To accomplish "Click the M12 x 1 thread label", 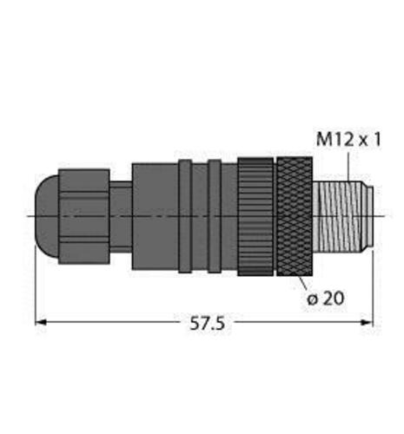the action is coord(348,140).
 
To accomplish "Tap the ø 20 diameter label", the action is coord(326,298).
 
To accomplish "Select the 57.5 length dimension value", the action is coord(208,323).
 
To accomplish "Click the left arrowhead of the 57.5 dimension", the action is coord(41,322).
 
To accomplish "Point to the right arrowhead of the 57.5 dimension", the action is coord(367,322).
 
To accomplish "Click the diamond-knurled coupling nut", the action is coord(295,216).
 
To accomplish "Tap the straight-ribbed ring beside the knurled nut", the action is coord(255,216).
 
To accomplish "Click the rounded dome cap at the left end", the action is coord(47,216).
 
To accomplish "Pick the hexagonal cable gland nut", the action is coord(84,216).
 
